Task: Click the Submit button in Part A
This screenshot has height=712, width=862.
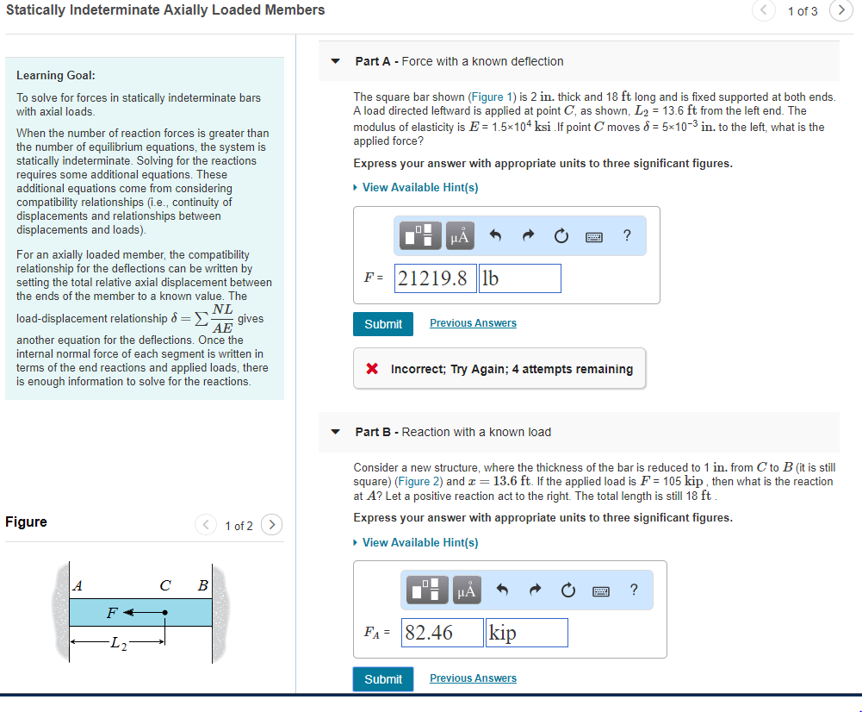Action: (382, 323)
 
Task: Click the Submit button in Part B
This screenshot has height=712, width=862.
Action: (382, 678)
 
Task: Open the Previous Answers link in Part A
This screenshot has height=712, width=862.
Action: (473, 323)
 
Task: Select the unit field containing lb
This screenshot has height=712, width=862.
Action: (519, 278)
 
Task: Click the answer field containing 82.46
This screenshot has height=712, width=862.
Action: (442, 633)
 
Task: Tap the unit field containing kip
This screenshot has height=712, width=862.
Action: (526, 633)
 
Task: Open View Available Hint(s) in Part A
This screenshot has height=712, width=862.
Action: (419, 187)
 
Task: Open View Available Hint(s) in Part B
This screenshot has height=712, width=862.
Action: (419, 542)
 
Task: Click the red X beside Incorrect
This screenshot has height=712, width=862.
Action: (372, 369)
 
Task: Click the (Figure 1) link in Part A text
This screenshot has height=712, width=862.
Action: (493, 97)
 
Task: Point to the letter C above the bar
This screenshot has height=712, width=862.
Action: (164, 586)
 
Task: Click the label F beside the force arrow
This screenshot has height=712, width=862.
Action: (111, 613)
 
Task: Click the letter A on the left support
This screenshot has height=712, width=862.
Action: (78, 586)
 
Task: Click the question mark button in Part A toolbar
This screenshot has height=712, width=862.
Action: (626, 235)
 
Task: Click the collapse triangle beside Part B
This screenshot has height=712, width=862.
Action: (336, 432)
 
